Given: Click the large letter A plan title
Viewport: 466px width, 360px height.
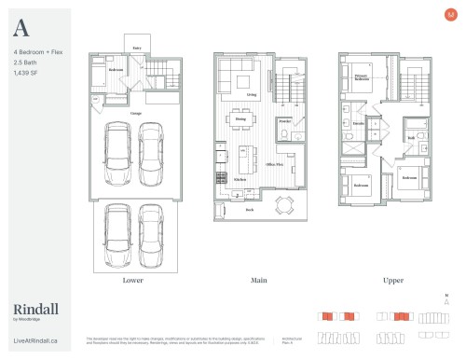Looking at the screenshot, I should pos(21,28).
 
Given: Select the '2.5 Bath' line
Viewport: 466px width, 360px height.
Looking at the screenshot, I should pos(25,62).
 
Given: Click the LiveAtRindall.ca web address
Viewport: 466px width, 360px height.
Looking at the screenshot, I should pos(36,342).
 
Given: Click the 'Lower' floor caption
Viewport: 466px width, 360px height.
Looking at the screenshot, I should pos(131,279).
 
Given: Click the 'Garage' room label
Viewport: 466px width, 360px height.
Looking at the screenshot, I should pos(136,114).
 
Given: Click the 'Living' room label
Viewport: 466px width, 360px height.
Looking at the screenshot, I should pos(252,95).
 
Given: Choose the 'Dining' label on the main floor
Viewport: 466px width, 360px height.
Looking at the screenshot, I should pos(240,118).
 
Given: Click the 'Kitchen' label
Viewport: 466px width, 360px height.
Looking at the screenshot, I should pos(240,179).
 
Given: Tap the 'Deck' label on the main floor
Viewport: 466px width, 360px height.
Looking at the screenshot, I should pos(250,211).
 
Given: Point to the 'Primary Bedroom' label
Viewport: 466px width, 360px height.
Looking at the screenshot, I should pos(362,78).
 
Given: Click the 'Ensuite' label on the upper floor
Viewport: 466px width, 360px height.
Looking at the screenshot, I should pos(357,122).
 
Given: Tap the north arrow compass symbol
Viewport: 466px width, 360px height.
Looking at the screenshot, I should pos(447,300).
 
